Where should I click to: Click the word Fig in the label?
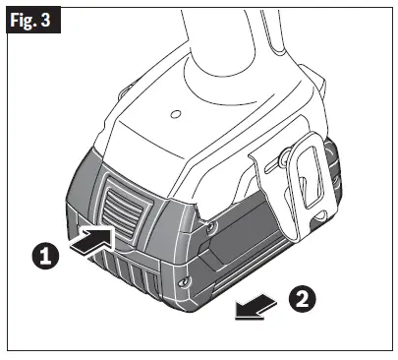coord(23,22)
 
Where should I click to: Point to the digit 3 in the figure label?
coord(45,22)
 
